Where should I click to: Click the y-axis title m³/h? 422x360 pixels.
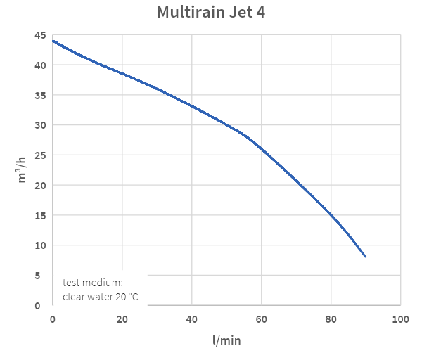(23, 170)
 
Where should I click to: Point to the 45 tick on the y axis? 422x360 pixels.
(40, 35)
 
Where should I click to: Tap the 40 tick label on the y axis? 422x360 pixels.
(40, 65)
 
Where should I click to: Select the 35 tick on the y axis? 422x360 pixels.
(40, 96)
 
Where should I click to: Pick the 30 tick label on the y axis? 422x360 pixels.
(40, 125)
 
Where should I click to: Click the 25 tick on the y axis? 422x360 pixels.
(40, 155)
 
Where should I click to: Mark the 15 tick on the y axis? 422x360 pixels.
(40, 215)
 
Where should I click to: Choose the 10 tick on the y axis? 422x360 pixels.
(40, 245)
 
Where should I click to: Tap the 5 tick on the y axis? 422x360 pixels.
(43, 276)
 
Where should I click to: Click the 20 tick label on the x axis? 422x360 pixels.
(122, 319)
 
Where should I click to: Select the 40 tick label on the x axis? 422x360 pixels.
(192, 319)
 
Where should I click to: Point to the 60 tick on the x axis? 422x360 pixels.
(262, 319)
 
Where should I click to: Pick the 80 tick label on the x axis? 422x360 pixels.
(331, 319)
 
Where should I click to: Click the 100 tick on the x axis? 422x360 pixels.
(400, 319)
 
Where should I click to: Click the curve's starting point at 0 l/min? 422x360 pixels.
(53, 41)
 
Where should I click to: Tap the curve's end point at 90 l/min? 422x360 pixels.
(366, 257)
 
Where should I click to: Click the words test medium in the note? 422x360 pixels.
(92, 283)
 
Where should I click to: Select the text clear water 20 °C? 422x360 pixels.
(100, 297)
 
